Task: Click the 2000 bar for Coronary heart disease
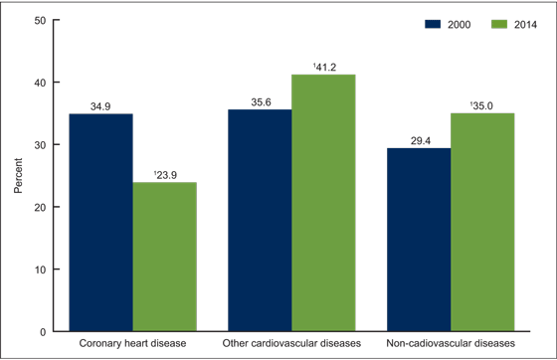(100, 223)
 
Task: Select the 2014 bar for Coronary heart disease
(164, 257)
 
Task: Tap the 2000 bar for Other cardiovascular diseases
(260, 221)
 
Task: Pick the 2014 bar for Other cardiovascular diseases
(323, 203)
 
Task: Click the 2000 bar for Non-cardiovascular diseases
(419, 240)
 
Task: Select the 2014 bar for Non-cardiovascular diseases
(482, 223)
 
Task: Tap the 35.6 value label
(260, 100)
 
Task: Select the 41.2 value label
(324, 66)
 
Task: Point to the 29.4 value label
(419, 139)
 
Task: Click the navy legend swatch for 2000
(403, 23)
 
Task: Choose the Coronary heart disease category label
(132, 344)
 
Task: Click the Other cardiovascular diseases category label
(291, 344)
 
